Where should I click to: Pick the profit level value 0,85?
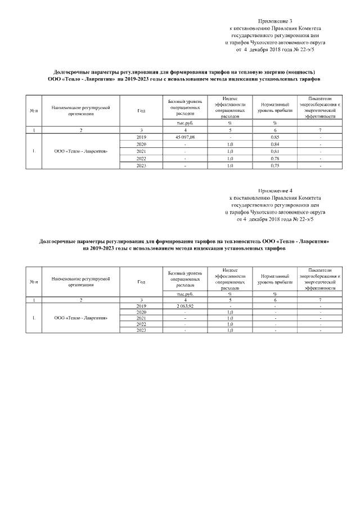coord(275,137)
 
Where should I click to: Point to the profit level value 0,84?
coord(275,144)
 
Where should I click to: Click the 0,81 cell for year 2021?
coord(275,151)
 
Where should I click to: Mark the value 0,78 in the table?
coord(275,158)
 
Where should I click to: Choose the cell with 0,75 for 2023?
coord(275,165)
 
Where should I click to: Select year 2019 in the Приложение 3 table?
coord(141,137)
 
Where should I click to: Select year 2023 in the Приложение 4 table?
coord(141,330)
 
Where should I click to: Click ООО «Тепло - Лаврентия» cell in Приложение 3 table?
coord(81,151)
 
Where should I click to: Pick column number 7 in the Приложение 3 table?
coord(320,130)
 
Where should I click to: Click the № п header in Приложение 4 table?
coord(33,281)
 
